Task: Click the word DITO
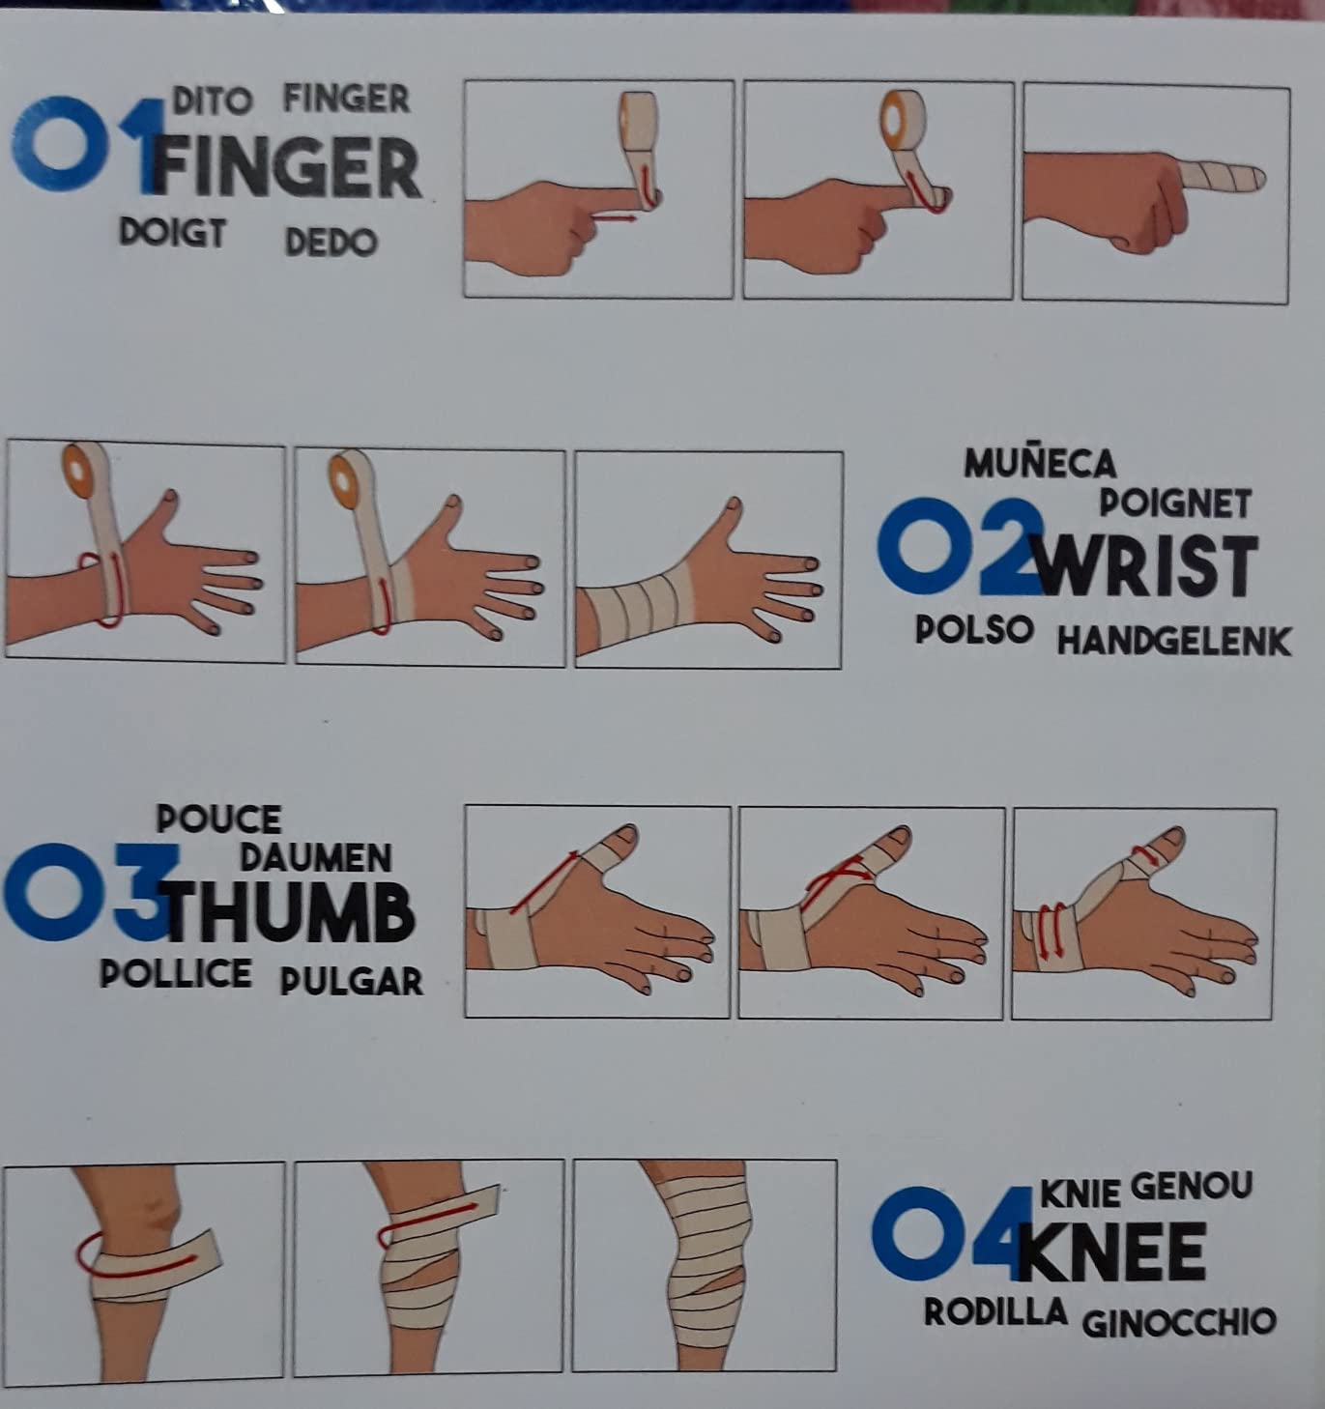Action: click(213, 101)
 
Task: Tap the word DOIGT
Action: click(172, 232)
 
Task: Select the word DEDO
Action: click(331, 242)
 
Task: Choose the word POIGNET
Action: click(1174, 503)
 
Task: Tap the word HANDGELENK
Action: click(1174, 642)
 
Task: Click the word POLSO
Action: click(974, 629)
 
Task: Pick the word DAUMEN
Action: click(316, 858)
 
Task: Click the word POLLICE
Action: click(175, 973)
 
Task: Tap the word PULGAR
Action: click(351, 982)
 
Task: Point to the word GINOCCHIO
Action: click(1179, 1322)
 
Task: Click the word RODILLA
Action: click(995, 1311)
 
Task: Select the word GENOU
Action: click(1192, 1186)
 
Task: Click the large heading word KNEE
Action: click(1112, 1251)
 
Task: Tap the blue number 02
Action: click(958, 546)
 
